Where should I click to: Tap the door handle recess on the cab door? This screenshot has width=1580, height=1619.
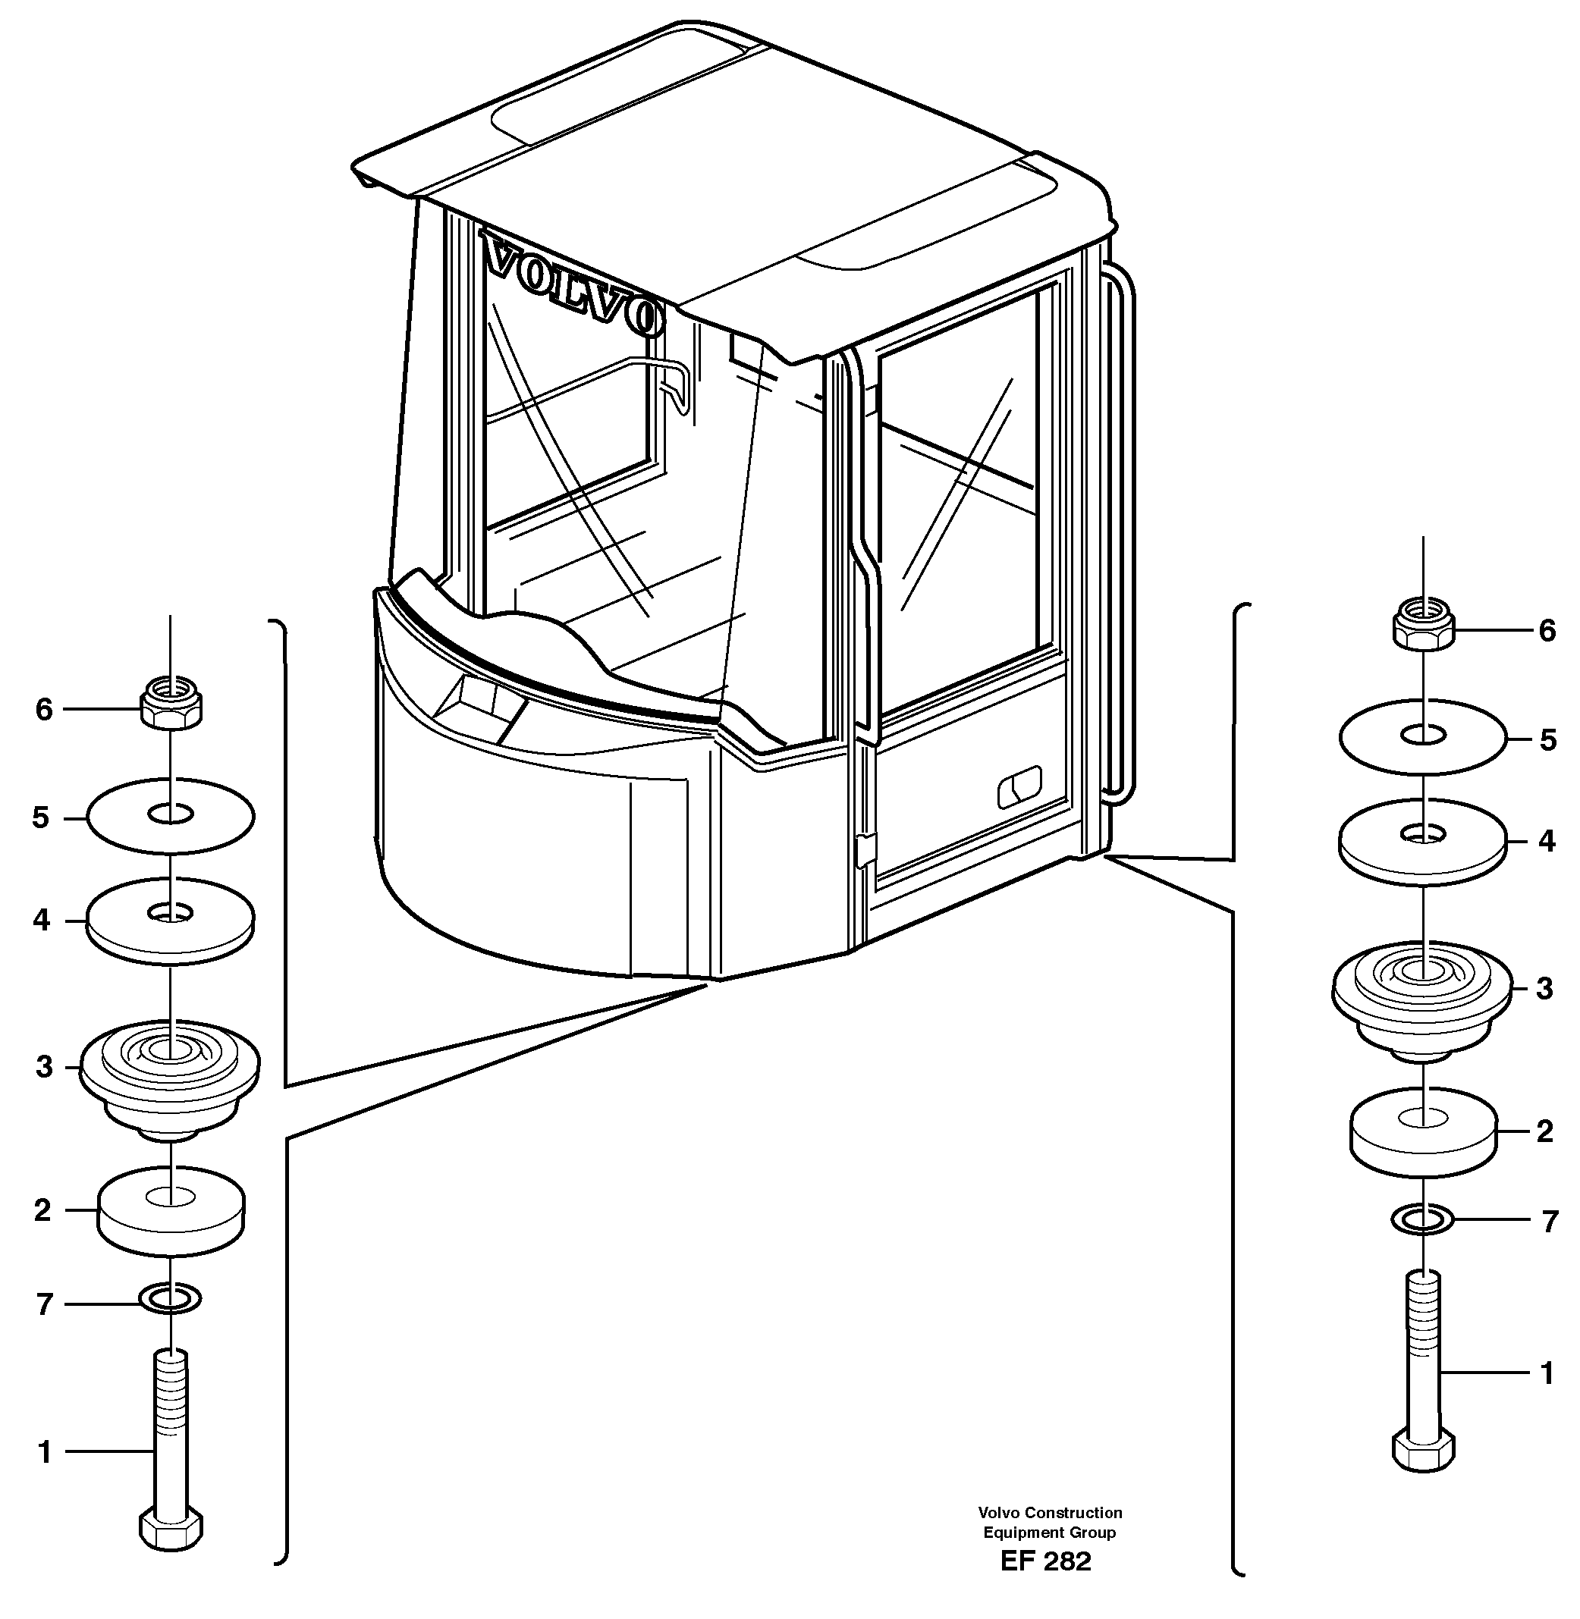(x=1018, y=786)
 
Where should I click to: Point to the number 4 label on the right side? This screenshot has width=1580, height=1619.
(x=1546, y=841)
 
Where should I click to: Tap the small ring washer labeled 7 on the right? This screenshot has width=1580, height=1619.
(x=1422, y=1219)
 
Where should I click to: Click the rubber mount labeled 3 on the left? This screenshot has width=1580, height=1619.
(x=170, y=1074)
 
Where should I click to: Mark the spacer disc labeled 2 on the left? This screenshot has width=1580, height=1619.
(x=171, y=1210)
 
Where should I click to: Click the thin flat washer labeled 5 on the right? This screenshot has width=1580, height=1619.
(x=1422, y=737)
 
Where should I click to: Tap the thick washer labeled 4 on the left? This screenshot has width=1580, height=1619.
(x=170, y=921)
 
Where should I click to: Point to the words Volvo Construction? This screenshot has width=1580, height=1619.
(x=1049, y=1512)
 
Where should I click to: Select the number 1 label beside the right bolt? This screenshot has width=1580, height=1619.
(x=1546, y=1373)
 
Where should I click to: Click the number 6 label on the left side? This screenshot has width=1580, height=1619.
(x=44, y=709)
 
